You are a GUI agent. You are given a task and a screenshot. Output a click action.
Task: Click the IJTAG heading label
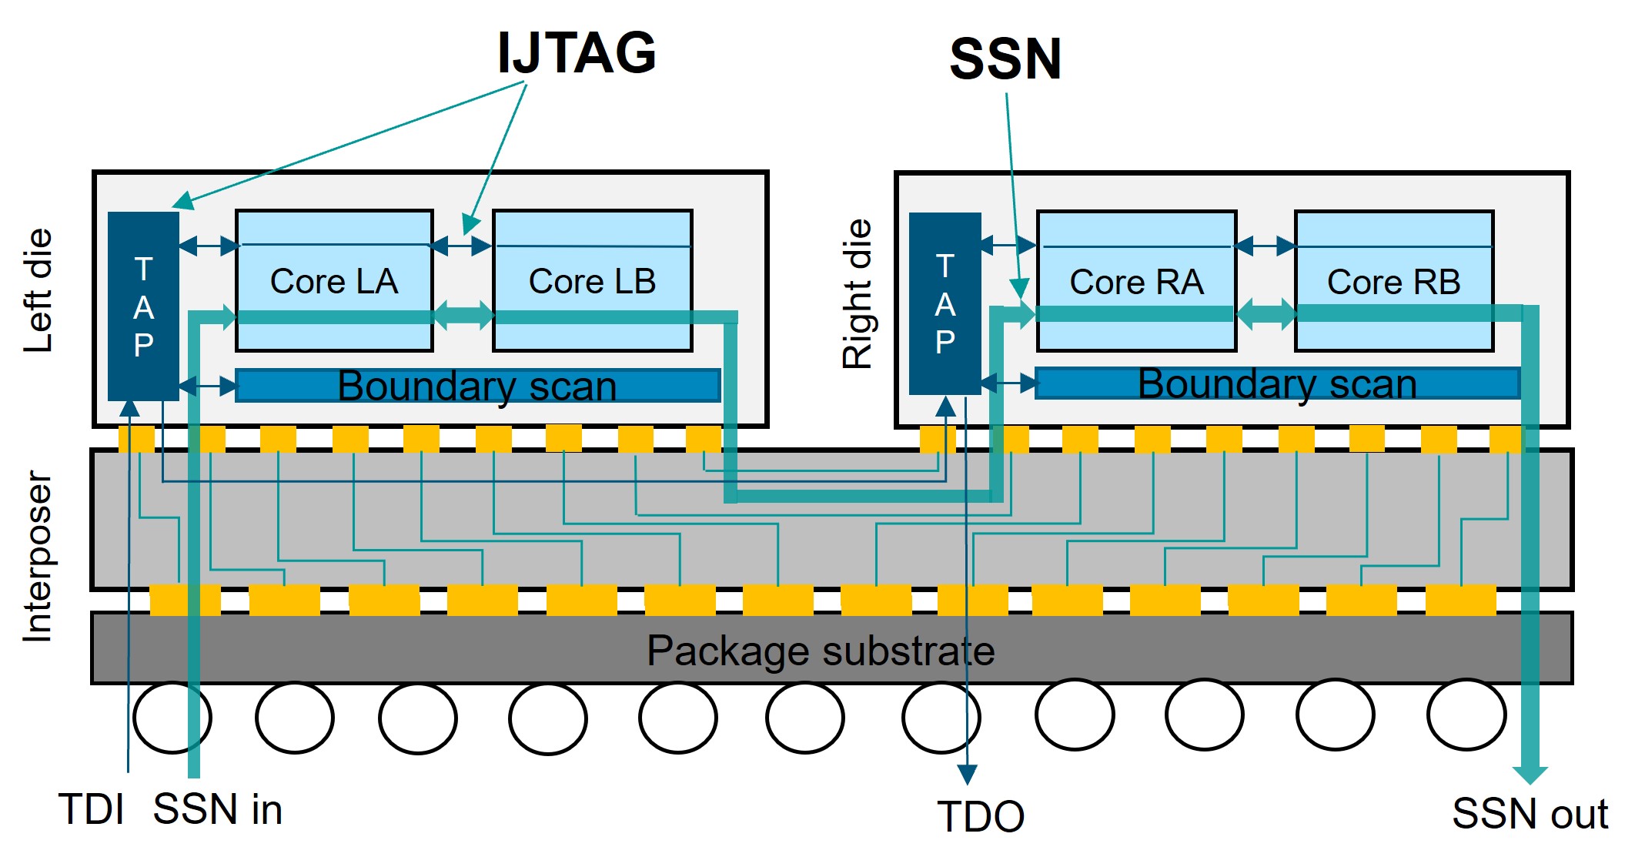coord(577,52)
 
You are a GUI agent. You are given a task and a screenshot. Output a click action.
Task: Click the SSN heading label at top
coord(1005,59)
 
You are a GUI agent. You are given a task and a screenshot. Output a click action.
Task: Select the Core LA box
coord(334,280)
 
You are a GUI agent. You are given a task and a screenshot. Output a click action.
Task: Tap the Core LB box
coord(592,280)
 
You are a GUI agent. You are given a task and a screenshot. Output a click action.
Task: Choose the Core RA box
coord(1136,281)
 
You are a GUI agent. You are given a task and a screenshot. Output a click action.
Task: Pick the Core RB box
coord(1394,281)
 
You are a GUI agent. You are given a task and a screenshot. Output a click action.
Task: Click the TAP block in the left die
coord(143,306)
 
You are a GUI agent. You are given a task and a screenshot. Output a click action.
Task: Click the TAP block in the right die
coord(945,303)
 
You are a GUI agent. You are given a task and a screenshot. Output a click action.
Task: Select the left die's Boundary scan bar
coord(477,385)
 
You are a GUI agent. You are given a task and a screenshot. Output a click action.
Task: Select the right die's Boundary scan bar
coord(1278,383)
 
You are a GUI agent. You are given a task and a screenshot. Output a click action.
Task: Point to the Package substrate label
coord(821,651)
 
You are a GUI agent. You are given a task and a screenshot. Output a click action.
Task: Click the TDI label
coord(91,809)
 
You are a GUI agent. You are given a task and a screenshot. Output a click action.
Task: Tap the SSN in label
coord(218,809)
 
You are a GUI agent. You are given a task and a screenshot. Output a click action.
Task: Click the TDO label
coord(981,816)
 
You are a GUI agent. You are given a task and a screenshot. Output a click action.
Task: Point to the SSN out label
coord(1530,813)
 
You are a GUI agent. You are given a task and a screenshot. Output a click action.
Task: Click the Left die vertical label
coord(38,290)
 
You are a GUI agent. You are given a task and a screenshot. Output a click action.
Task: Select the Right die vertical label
coord(857,294)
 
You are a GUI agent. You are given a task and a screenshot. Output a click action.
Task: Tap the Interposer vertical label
coord(38,556)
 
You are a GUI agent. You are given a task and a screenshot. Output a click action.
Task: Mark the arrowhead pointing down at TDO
coord(967,775)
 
